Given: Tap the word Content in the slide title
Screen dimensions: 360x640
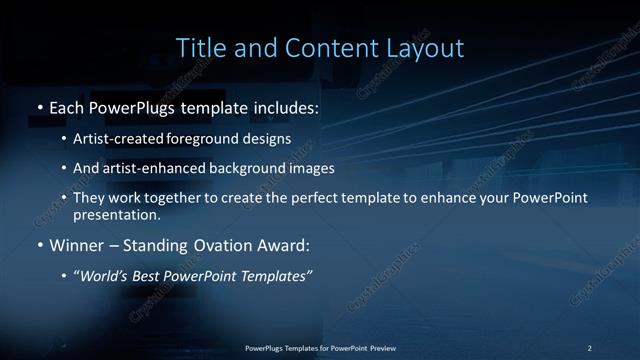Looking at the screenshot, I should [326, 48].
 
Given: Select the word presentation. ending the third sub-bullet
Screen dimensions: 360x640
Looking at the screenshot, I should [116, 214].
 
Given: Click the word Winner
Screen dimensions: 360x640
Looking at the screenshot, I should [76, 244].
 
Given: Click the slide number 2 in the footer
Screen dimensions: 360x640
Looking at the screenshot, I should [589, 347].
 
